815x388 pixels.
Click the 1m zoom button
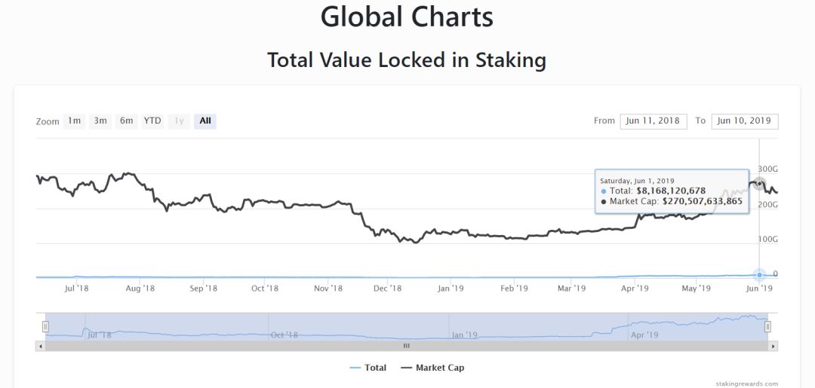(74, 121)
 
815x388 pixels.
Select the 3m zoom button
(100, 121)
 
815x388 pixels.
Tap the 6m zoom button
(126, 121)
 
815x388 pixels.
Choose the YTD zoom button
(152, 121)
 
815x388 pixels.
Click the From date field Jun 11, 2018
(653, 121)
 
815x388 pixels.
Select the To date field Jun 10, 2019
(744, 121)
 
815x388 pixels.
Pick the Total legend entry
(368, 368)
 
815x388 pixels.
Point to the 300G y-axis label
(768, 169)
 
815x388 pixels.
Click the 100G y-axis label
(768, 239)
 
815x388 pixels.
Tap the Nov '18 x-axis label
(328, 288)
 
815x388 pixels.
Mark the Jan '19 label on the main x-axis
(451, 288)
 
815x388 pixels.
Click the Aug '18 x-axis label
(140, 288)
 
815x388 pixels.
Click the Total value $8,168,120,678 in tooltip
(671, 191)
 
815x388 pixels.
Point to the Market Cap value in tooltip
(703, 201)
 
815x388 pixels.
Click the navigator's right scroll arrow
(773, 346)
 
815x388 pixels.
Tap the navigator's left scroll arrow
(40, 346)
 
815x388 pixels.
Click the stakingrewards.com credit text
(747, 383)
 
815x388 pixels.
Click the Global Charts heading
(407, 17)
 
